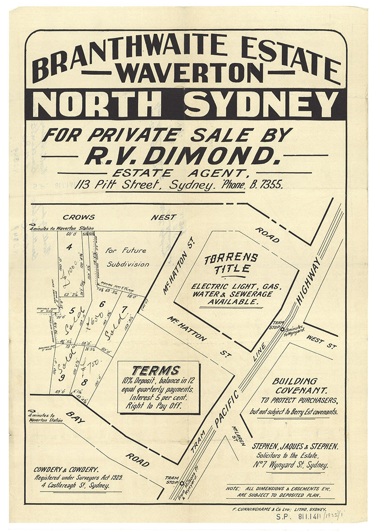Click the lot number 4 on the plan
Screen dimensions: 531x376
pos(69,247)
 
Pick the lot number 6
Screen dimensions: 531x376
pos(101,304)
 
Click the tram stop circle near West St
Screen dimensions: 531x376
pos(282,329)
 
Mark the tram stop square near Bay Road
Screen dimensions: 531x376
pos(182,483)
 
